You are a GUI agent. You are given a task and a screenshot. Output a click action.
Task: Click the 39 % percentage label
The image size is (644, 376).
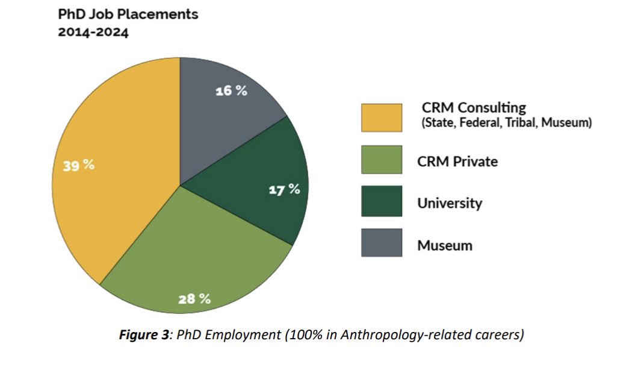pos(78,165)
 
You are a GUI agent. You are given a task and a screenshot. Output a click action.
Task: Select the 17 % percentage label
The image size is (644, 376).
pos(283,189)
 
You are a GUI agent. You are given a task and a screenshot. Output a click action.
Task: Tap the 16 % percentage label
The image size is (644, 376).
pos(232,92)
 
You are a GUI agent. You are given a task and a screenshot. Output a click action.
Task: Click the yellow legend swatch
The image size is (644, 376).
pos(382,117)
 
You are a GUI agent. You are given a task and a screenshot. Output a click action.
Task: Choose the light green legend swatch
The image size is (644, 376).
pos(382,160)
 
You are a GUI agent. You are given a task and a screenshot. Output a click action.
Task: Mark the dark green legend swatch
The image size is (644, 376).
pos(382,201)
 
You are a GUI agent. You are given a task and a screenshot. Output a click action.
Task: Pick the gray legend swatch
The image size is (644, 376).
pos(382,243)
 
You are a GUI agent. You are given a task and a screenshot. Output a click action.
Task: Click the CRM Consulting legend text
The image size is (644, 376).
pos(473,107)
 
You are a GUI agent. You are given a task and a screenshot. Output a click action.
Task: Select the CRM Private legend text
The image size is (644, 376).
pos(457,161)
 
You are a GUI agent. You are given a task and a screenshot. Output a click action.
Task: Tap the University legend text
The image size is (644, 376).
pos(450,203)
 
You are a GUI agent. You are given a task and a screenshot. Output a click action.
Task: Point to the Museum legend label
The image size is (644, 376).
pos(445,245)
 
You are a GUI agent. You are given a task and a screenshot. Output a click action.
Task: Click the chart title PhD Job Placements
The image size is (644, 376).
pos(128,14)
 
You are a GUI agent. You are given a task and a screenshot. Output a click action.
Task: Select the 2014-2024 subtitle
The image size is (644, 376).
pos(93,33)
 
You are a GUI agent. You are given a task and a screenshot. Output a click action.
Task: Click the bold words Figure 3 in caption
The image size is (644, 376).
pos(145,335)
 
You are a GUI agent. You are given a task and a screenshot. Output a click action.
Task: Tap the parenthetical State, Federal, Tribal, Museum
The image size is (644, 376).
pos(507,123)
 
